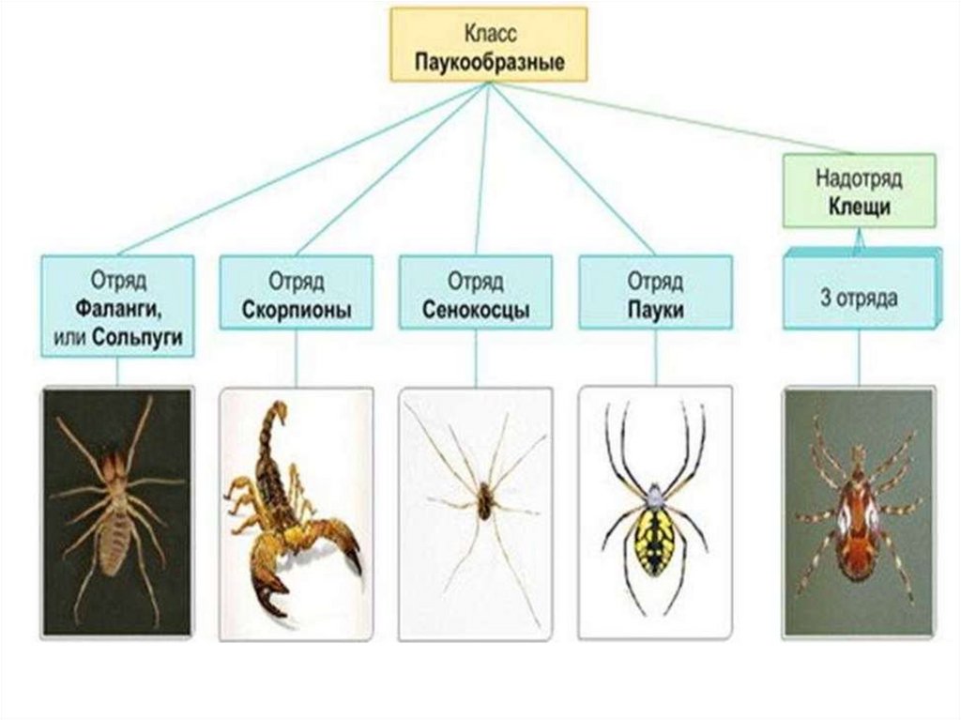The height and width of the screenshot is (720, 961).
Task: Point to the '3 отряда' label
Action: click(859, 300)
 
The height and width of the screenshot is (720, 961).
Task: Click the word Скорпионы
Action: click(297, 309)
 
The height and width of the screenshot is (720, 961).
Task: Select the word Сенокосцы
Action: click(476, 309)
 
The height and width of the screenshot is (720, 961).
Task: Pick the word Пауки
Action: click(655, 309)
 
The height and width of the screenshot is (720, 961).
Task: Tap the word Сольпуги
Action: click(142, 336)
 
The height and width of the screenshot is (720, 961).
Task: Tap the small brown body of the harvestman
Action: click(483, 499)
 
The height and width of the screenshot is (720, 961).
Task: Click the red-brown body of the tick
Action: click(858, 512)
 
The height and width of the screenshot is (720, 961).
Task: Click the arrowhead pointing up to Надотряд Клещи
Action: click(859, 241)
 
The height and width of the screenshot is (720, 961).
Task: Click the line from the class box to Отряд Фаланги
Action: click(300, 169)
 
